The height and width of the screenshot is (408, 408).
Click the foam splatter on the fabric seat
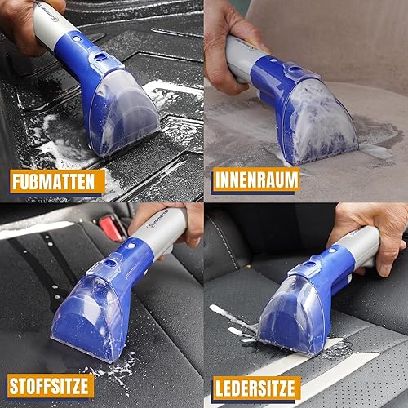point(114,367)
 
